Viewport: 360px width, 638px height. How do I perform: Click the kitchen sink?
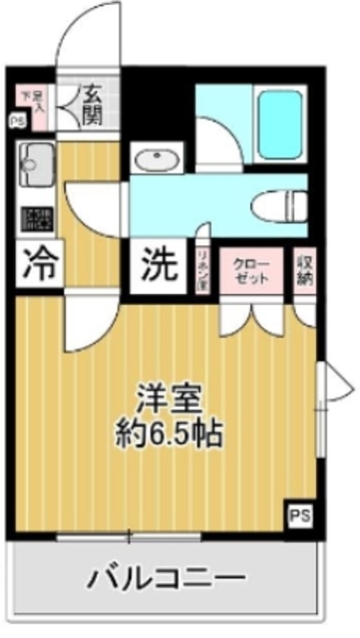pos(37,159)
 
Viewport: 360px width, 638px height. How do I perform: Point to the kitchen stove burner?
pos(37,217)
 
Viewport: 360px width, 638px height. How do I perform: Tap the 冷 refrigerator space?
pos(37,264)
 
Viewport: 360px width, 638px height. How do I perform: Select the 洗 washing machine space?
pos(159,264)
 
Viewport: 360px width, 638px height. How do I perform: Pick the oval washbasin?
pos(157,160)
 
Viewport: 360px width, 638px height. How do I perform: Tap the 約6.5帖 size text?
pos(170,434)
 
